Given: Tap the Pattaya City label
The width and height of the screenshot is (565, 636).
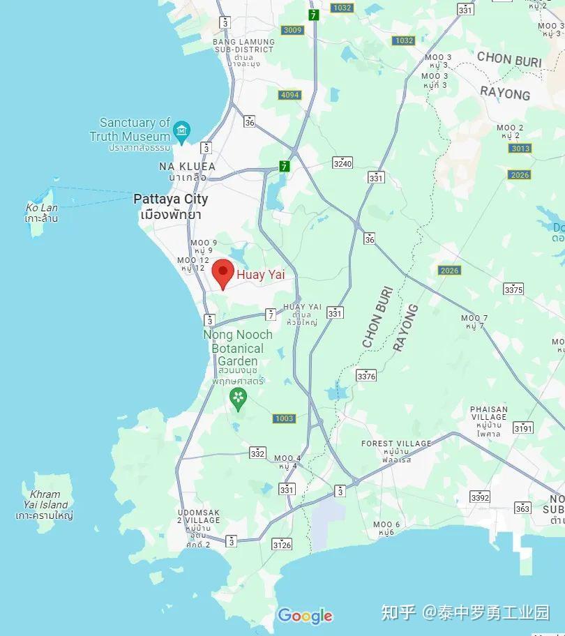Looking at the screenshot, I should [171, 199].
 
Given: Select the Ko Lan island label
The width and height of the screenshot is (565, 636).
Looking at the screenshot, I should [41, 208].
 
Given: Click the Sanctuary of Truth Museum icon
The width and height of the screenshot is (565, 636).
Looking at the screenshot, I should [183, 129].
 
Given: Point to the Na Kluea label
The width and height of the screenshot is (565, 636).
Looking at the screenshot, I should [187, 167].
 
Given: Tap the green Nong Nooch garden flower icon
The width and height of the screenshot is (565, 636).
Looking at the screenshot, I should [239, 398].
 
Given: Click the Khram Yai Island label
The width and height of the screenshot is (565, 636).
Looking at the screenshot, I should [45, 499].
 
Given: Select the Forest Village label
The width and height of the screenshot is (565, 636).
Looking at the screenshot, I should [396, 444].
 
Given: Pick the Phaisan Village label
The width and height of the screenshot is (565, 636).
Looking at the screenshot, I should [489, 413].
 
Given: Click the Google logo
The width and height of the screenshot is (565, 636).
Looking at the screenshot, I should [305, 616].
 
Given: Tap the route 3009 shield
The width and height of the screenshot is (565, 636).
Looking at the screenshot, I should [292, 30].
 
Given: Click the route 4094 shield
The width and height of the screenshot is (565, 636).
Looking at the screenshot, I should [289, 95].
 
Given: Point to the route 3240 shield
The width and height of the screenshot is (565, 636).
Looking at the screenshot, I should [342, 163].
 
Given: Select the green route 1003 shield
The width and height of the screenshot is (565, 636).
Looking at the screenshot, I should [284, 418].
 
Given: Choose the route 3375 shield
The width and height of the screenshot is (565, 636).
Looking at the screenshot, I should [513, 289].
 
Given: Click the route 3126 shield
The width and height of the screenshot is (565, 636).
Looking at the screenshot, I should [282, 545].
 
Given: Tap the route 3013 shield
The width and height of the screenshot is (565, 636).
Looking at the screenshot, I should [520, 149].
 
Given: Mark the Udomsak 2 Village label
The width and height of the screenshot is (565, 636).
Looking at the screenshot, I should [199, 517].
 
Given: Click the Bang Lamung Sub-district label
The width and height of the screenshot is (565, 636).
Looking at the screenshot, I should [244, 46].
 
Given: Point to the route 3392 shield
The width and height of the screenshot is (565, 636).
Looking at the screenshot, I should [480, 497].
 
